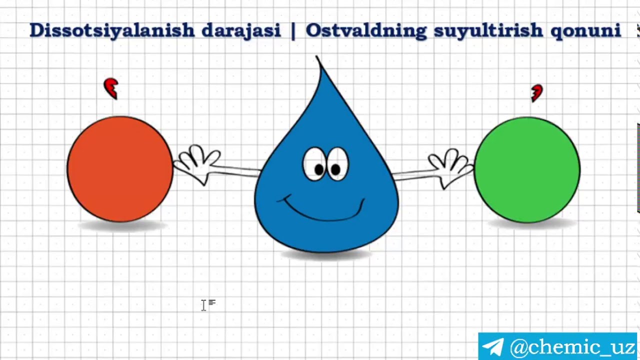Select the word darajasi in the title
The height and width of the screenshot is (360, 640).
pyautogui.click(x=240, y=30)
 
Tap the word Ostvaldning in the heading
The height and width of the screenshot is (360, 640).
pyautogui.click(x=366, y=30)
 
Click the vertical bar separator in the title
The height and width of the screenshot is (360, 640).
pyautogui.click(x=293, y=30)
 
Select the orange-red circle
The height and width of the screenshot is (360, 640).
pyautogui.click(x=120, y=169)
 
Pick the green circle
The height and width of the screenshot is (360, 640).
pyautogui.click(x=527, y=169)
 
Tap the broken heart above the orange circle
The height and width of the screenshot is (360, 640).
pyautogui.click(x=111, y=88)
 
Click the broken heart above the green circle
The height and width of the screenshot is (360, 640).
pyautogui.click(x=536, y=93)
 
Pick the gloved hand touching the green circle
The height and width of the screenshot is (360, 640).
pyautogui.click(x=450, y=165)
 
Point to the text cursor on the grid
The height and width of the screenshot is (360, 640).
pyautogui.click(x=204, y=305)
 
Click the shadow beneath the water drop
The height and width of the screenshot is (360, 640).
pyautogui.click(x=326, y=255)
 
